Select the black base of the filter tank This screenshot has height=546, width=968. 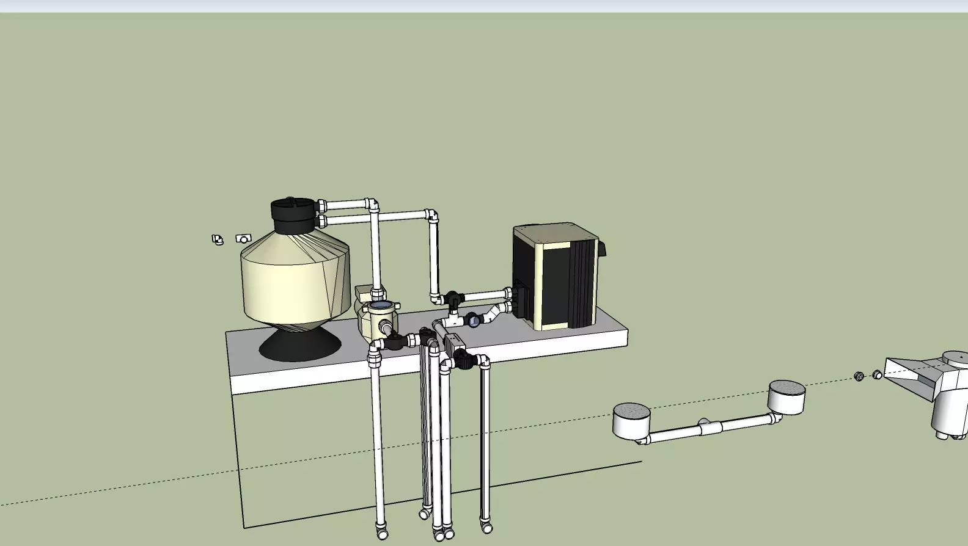coord(299,346)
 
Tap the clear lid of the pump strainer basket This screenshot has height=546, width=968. coord(380,304)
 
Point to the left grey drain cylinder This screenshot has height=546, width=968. coord(631,420)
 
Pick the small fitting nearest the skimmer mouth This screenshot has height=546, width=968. coord(877,374)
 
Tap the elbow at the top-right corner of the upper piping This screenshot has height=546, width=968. coord(431,216)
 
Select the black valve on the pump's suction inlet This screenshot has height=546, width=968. coord(394,340)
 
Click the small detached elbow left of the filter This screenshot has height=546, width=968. coord(217,239)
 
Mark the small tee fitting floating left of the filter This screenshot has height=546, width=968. coord(243,239)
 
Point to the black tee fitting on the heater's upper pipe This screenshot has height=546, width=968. coord(453,299)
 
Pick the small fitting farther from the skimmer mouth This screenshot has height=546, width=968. coord(859,376)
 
